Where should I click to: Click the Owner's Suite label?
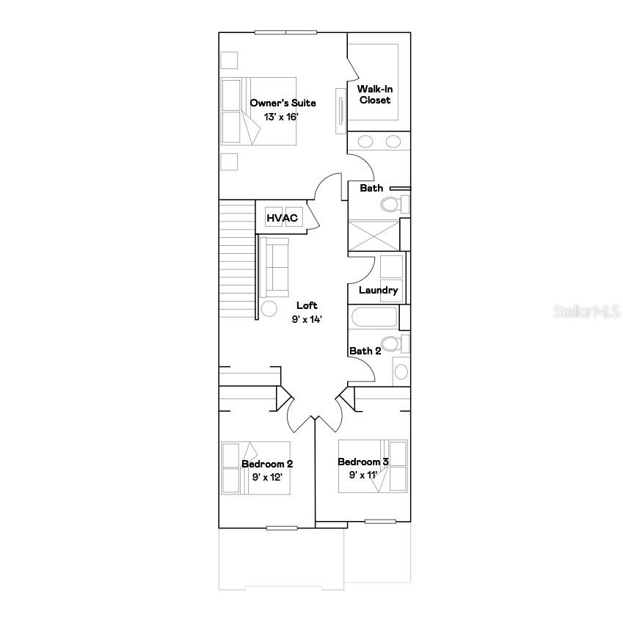(283, 103)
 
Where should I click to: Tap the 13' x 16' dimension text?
(281, 117)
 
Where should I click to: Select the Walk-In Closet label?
(375, 95)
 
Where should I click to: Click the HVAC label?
(282, 218)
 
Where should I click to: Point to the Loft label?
(307, 305)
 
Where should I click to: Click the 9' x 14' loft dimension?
(306, 319)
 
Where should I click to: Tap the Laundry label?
(378, 291)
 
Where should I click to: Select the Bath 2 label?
(365, 351)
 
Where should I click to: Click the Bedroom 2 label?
(267, 464)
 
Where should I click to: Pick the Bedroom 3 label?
(362, 462)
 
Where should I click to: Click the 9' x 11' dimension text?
(362, 475)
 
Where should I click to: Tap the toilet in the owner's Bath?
(395, 204)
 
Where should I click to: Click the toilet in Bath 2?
(395, 343)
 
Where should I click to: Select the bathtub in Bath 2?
(374, 317)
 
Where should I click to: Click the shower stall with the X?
(374, 236)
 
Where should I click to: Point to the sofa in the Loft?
(274, 267)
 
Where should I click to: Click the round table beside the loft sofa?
(269, 309)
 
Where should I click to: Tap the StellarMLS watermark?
(587, 311)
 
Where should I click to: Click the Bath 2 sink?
(401, 372)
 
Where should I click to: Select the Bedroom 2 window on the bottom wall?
(282, 528)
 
